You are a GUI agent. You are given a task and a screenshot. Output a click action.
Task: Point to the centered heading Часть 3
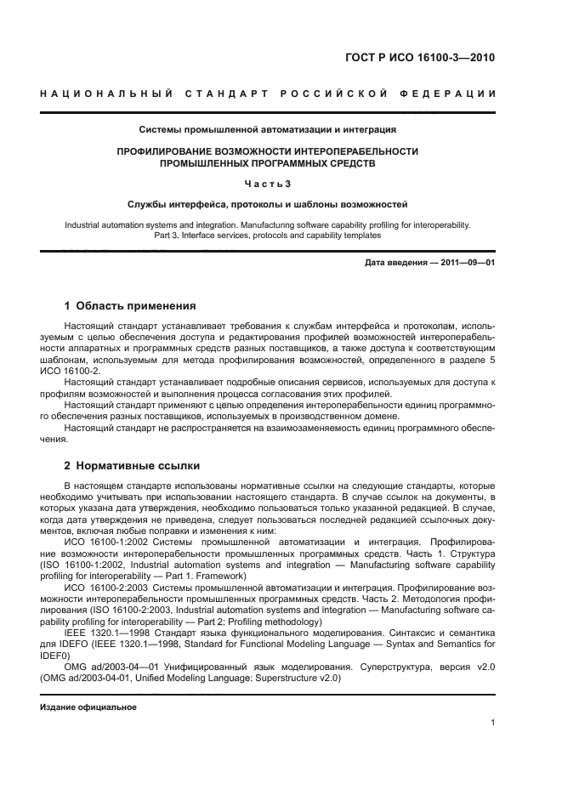tap(268, 185)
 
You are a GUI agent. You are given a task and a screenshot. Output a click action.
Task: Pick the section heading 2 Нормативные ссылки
tap(132, 465)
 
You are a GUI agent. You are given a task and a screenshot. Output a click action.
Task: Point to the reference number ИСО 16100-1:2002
tap(104, 541)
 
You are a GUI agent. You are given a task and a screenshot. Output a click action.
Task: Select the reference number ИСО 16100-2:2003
tap(104, 588)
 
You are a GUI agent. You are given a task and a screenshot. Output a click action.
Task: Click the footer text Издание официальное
tap(88, 707)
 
